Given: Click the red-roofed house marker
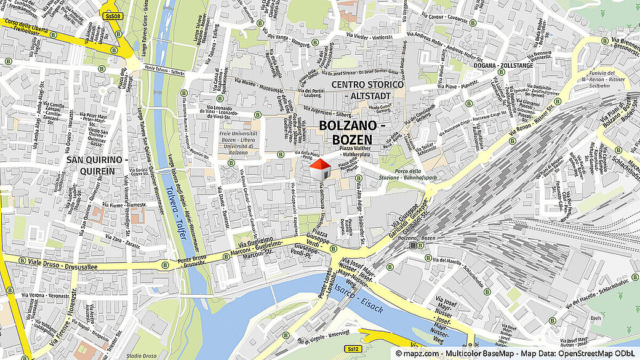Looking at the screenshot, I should point(318,169).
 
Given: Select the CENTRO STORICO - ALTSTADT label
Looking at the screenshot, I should point(367,90).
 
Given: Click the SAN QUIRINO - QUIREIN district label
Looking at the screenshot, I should point(97,165).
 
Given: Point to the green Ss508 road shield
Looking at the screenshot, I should point(111,16).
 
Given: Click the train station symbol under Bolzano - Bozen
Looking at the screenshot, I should point(413,246).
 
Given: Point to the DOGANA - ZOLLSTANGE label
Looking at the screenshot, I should point(503,65).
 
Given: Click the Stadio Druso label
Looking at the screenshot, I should point(141,356).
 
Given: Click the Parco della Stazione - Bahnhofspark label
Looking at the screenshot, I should point(416,174).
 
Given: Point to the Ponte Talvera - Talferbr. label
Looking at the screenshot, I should point(165,70).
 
